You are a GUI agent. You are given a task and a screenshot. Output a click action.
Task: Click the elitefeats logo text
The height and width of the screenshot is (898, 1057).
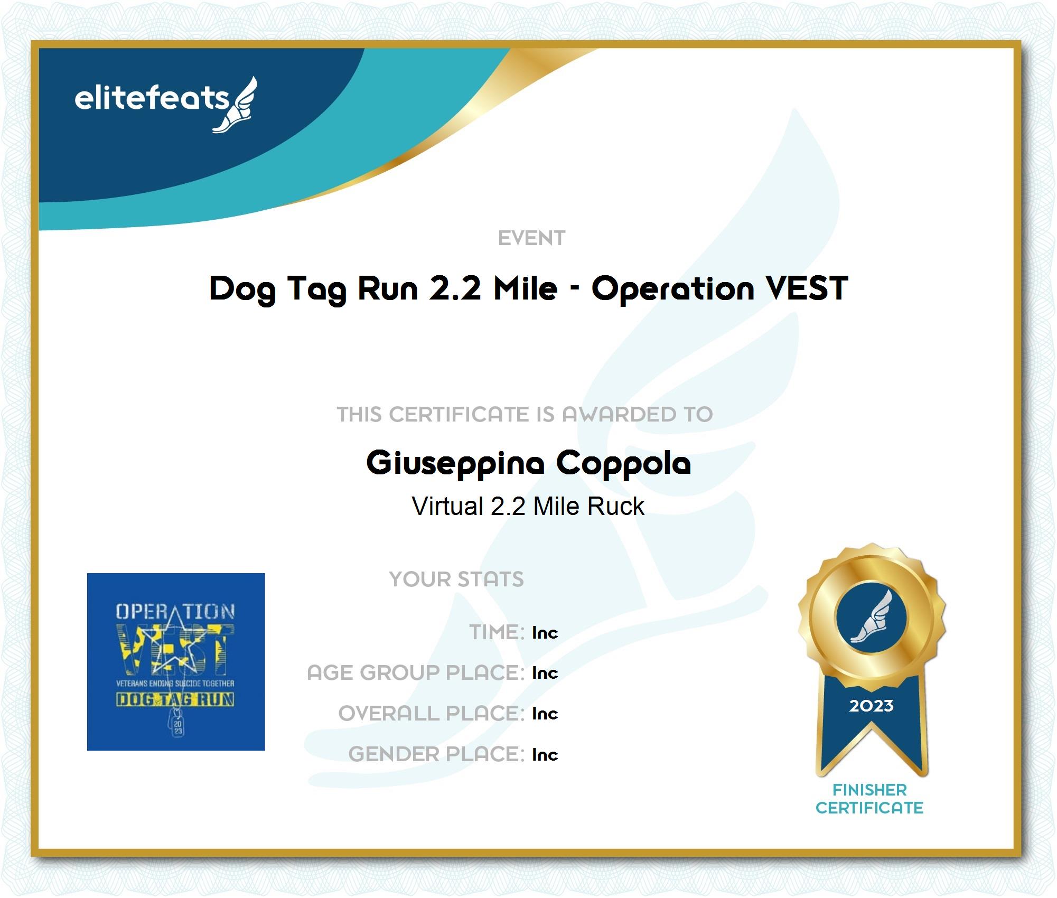click(x=152, y=98)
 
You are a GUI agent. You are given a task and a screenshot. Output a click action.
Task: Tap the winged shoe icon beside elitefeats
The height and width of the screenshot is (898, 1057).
click(x=235, y=105)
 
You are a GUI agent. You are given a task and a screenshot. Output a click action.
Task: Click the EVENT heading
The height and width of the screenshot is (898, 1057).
click(x=531, y=238)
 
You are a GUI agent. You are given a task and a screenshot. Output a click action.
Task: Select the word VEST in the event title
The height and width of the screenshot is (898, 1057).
click(x=807, y=288)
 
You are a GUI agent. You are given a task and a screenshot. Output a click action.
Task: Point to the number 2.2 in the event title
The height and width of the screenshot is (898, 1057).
click(x=455, y=288)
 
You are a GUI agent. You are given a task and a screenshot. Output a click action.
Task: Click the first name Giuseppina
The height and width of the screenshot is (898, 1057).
click(x=455, y=464)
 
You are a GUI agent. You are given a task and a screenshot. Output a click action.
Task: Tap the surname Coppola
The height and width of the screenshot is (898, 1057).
click(x=623, y=464)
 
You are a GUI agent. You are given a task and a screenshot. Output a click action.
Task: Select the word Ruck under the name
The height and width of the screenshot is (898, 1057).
click(x=616, y=506)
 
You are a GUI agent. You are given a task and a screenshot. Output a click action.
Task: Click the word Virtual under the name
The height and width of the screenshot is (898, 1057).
click(x=447, y=506)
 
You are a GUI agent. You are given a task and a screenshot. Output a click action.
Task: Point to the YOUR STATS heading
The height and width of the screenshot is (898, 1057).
click(x=456, y=579)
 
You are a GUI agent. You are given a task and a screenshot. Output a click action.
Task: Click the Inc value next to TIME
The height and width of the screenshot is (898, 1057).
click(x=545, y=632)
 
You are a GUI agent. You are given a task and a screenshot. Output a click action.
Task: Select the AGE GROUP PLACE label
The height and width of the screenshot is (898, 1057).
click(x=416, y=672)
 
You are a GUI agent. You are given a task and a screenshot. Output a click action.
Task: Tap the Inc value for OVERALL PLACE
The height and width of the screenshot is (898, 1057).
click(x=545, y=713)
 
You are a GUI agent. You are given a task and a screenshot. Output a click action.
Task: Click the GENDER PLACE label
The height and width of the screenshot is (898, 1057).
click(x=436, y=754)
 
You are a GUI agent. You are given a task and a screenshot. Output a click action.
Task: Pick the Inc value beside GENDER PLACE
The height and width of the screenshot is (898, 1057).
click(x=545, y=754)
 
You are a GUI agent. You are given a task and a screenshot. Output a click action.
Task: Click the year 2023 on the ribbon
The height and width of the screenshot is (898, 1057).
click(x=871, y=706)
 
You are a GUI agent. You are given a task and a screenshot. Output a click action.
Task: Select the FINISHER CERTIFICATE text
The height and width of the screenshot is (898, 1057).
click(x=869, y=799)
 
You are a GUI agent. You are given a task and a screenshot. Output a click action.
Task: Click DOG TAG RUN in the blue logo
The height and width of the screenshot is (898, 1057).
click(x=175, y=699)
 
